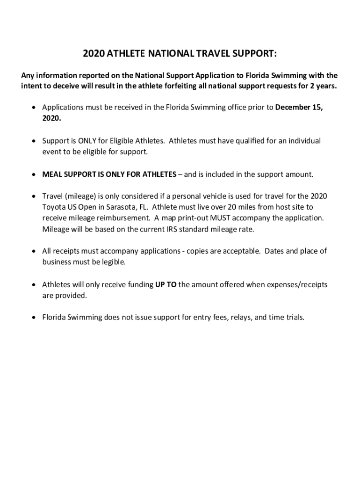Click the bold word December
click(292, 107)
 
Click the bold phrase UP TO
click(166, 284)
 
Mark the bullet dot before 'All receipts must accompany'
click(33, 251)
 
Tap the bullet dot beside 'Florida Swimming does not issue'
click(33, 318)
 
